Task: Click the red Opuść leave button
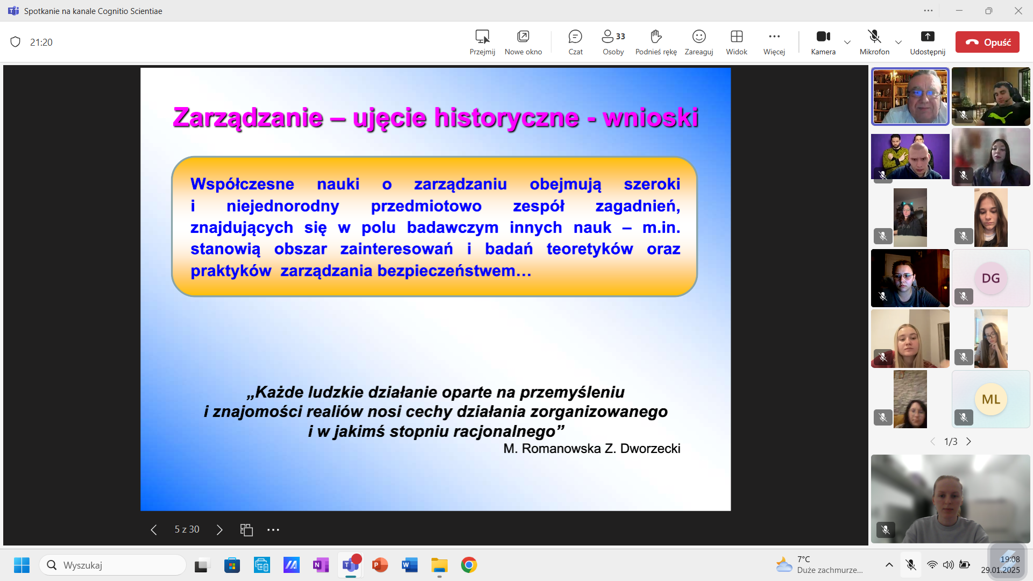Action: pyautogui.click(x=987, y=42)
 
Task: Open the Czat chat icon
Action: pyautogui.click(x=575, y=37)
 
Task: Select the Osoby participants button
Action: pyautogui.click(x=613, y=37)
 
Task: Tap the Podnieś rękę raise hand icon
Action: pyautogui.click(x=656, y=37)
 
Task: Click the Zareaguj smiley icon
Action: pyautogui.click(x=699, y=37)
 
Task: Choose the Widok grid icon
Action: pyautogui.click(x=737, y=37)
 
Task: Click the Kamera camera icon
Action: pyautogui.click(x=823, y=37)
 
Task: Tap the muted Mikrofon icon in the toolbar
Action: pyautogui.click(x=874, y=37)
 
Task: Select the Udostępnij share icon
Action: pyautogui.click(x=928, y=37)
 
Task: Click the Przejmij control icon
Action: pyautogui.click(x=482, y=37)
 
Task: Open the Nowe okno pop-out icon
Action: pyautogui.click(x=523, y=37)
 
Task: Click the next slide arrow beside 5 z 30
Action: pyautogui.click(x=220, y=530)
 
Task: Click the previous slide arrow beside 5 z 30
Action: pyautogui.click(x=154, y=530)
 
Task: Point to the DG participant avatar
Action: pyautogui.click(x=990, y=278)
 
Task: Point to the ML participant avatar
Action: pyautogui.click(x=990, y=399)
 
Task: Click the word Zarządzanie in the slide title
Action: pyautogui.click(x=248, y=118)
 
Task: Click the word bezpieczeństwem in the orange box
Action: pyautogui.click(x=455, y=271)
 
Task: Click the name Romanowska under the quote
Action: pyautogui.click(x=561, y=449)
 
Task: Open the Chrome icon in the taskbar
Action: pyautogui.click(x=469, y=565)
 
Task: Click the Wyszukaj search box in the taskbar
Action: pyautogui.click(x=112, y=565)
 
